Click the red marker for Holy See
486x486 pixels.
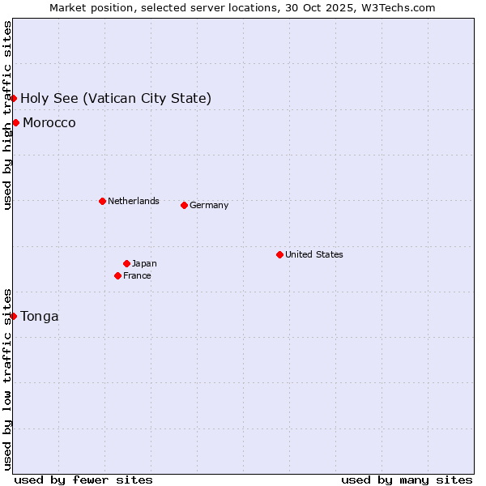[14, 99]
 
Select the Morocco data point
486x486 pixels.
[16, 123]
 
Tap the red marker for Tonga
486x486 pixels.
[14, 316]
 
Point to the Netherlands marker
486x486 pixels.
[102, 201]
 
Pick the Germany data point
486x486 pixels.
[184, 205]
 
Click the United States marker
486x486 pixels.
[279, 254]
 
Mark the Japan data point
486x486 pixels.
[126, 263]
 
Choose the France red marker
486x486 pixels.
[118, 275]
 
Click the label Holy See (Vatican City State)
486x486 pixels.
[116, 99]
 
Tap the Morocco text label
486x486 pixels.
[49, 123]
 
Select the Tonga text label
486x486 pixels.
[40, 316]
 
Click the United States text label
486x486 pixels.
[313, 254]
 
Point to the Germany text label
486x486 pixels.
[209, 205]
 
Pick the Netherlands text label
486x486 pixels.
[133, 201]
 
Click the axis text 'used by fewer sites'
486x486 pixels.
[83, 480]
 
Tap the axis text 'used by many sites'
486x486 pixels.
[407, 480]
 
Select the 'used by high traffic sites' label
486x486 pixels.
[7, 115]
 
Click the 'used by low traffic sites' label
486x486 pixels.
[7, 378]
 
